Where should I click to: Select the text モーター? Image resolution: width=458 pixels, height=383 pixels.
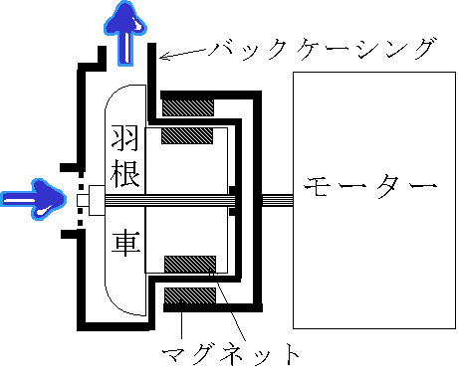pos(370,187)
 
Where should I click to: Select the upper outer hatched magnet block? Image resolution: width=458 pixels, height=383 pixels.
pos(188,104)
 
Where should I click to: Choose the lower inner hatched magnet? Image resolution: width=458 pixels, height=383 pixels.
pos(189,263)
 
